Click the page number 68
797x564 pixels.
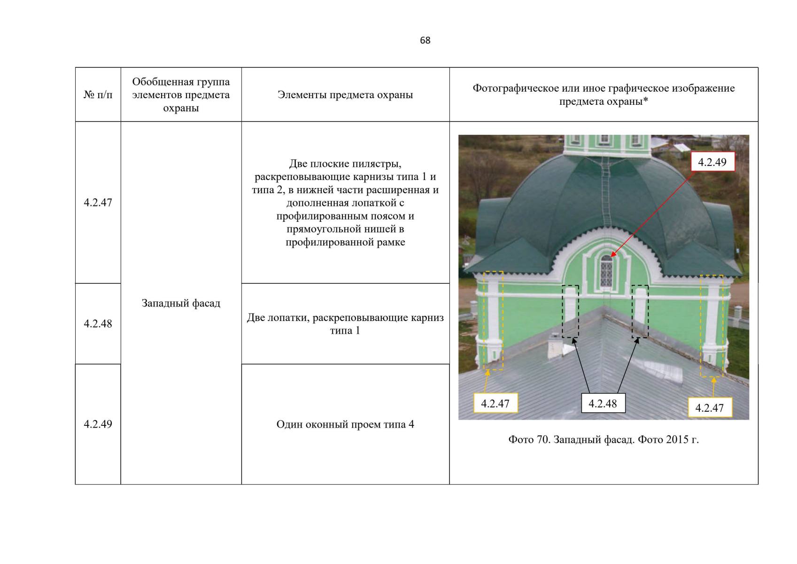click(x=425, y=40)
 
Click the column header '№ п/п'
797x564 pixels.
click(x=98, y=95)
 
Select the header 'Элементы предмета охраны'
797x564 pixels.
click(x=345, y=95)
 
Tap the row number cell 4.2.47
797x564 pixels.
click(x=98, y=202)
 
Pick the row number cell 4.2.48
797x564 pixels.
click(x=98, y=323)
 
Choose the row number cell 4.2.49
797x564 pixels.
click(x=98, y=424)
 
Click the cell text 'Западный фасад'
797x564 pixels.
click(x=181, y=303)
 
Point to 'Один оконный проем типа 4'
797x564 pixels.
click(x=345, y=424)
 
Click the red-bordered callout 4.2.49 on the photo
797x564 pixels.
click(x=712, y=162)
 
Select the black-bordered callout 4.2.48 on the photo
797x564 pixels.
click(x=603, y=403)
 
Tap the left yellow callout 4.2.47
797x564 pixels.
click(x=495, y=403)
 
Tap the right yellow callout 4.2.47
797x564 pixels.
click(x=710, y=407)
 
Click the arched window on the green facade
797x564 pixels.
click(x=606, y=271)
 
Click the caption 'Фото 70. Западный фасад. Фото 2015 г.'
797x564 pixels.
click(x=604, y=439)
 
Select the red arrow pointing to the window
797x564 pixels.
click(x=652, y=214)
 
